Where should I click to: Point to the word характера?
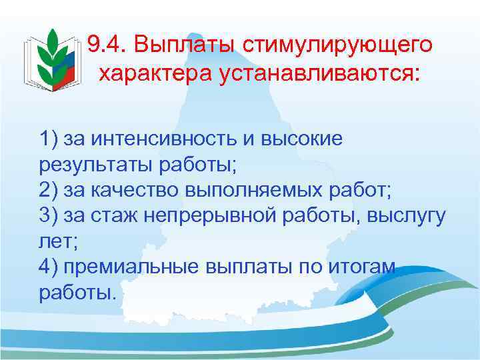tap(155, 73)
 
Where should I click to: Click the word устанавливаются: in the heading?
tap(319, 73)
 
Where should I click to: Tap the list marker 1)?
tap(50, 140)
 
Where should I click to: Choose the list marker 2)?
tap(50, 189)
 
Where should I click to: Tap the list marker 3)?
tap(50, 216)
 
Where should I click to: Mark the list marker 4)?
tap(50, 267)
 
